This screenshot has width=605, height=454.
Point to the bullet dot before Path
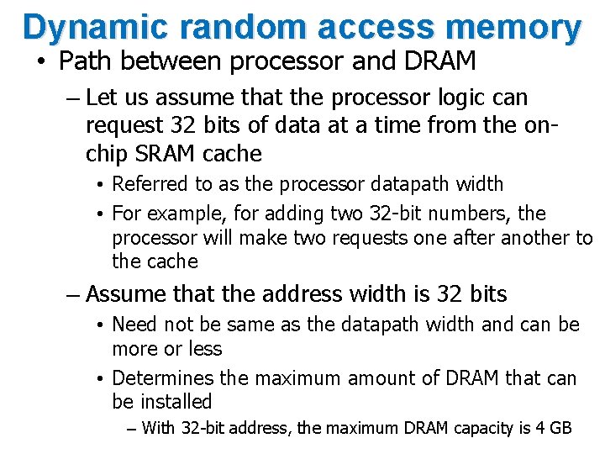coord(40,62)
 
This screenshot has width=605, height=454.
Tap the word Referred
coord(151,184)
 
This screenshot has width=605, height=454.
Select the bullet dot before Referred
coord(99,185)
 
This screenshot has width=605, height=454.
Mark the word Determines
coord(166,378)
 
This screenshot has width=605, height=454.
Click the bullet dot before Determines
coord(99,379)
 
